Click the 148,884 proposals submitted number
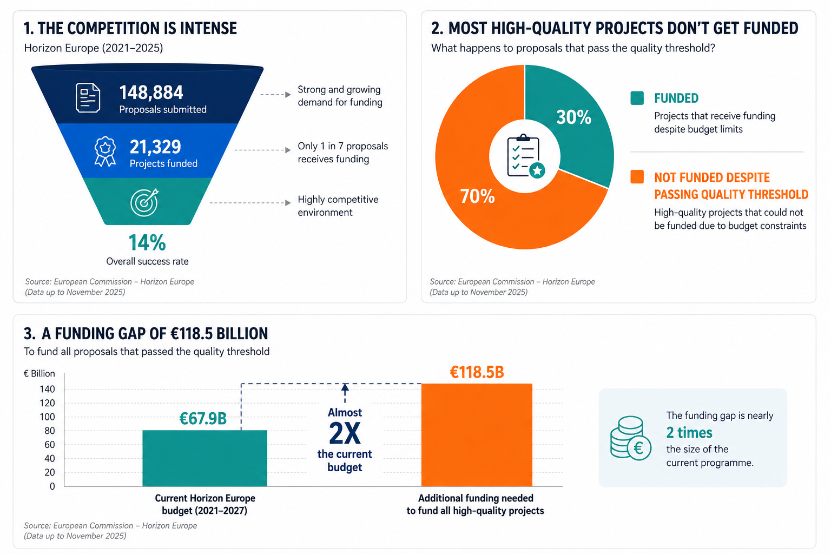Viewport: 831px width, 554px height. click(x=151, y=93)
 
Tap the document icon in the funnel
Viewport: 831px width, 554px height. click(x=88, y=97)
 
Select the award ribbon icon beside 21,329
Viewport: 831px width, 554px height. click(x=105, y=151)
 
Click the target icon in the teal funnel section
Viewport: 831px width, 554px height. click(x=144, y=202)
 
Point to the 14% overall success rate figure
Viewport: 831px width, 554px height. click(x=147, y=243)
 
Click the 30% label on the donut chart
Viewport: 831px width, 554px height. click(x=573, y=117)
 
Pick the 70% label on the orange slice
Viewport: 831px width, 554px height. click(x=478, y=196)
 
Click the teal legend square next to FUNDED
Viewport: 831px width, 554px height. click(x=637, y=98)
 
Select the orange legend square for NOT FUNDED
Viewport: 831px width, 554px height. click(x=637, y=176)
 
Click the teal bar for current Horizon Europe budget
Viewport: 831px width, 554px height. click(x=205, y=458)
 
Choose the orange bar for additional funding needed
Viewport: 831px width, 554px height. click(x=477, y=435)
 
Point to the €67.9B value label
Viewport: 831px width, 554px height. click(x=203, y=419)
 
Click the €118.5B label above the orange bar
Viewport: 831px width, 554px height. click(x=477, y=372)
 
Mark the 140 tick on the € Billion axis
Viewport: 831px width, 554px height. click(x=47, y=389)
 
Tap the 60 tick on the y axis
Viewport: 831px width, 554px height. click(x=50, y=445)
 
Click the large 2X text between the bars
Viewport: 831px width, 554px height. click(x=345, y=433)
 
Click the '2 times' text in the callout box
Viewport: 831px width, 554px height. click(x=689, y=433)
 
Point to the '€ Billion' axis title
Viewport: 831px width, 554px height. click(x=39, y=374)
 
